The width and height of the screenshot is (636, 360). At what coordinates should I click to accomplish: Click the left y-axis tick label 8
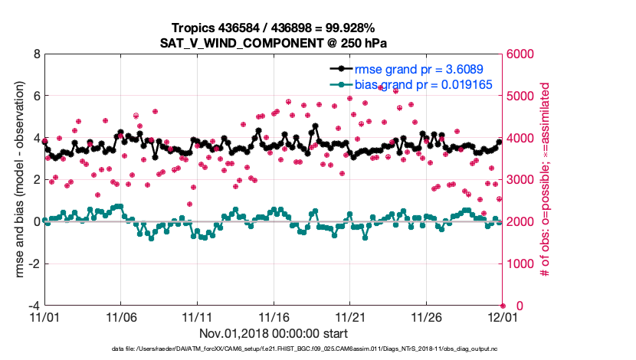[x=36, y=54]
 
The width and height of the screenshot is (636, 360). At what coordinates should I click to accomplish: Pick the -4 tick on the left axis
[x=34, y=306]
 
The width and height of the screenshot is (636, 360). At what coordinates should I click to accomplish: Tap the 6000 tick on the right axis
[x=521, y=54]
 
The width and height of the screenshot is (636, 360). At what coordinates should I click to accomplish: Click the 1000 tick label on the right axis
[x=521, y=263]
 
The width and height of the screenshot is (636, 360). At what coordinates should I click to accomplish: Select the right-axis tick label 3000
[x=521, y=180]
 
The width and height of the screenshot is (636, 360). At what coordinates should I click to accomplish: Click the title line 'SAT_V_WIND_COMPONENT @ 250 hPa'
[x=274, y=41]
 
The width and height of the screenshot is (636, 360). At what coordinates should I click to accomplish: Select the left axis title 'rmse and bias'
[x=17, y=180]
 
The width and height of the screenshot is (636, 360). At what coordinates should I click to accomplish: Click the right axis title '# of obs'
[x=546, y=180]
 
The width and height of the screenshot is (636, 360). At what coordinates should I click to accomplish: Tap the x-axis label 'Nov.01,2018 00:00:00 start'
[x=274, y=334]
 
